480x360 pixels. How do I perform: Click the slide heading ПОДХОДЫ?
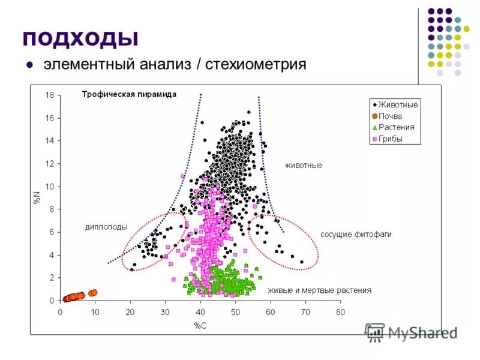80,37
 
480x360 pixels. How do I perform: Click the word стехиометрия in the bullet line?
256,64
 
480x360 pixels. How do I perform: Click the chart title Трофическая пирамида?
129,94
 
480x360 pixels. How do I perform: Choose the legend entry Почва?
390,116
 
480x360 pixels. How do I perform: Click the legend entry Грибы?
391,139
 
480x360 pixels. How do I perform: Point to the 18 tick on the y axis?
50,95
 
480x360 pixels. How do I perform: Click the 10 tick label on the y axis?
50,187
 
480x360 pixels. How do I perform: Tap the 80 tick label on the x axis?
340,312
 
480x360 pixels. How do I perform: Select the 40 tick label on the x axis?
200,312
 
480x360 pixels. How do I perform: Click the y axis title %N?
37,197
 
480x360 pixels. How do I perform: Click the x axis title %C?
200,325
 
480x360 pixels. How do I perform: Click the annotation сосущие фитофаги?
355,235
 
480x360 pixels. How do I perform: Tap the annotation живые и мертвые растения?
319,290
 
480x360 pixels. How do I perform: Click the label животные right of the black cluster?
303,165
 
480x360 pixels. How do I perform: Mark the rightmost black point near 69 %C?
302,262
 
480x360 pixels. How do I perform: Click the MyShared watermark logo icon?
375,332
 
